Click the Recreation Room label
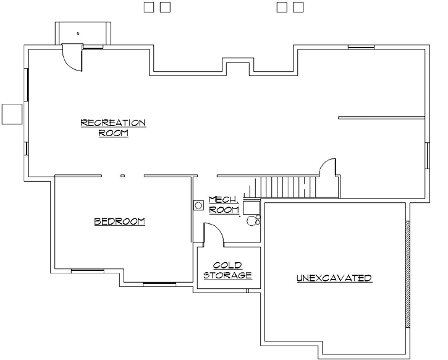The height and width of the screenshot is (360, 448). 113,127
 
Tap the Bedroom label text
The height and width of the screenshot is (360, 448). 119,221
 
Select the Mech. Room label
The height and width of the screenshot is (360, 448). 224,205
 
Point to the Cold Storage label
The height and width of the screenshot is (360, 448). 228,270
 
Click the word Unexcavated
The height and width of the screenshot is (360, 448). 334,278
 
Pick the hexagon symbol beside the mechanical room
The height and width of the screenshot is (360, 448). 199,204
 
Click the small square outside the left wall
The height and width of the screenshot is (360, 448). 12,114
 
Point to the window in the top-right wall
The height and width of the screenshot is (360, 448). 360,46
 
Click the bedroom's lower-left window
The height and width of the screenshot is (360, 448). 83,270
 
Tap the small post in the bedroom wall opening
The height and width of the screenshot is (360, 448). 122,176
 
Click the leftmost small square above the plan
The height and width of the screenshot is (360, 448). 149,7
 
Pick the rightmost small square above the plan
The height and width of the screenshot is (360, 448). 298,7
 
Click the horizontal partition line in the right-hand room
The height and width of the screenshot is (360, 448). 381,117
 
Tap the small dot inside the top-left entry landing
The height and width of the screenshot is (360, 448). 78,32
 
